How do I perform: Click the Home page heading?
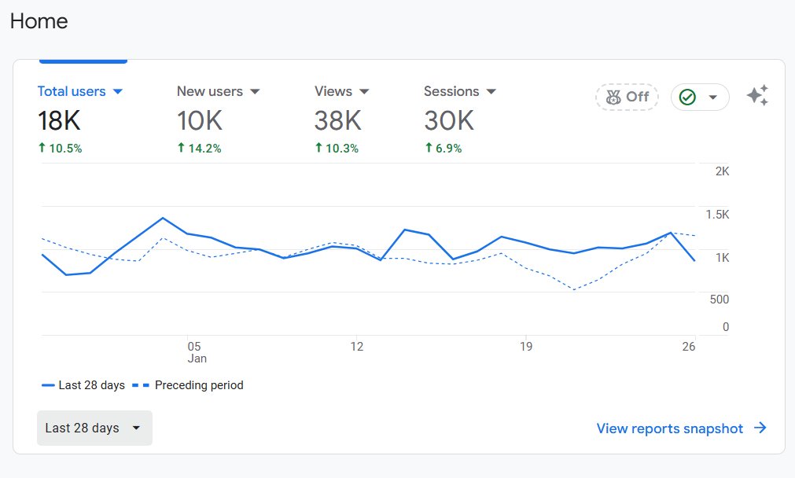pos(39,21)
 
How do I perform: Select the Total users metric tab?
pos(72,91)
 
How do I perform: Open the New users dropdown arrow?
pos(255,92)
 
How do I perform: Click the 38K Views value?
pos(337,120)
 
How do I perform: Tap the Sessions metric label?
pos(451,91)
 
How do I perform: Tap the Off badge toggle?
pos(627,97)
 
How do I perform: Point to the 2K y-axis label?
pos(722,171)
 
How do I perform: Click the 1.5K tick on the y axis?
pos(716,215)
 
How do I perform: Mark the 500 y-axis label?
pos(719,300)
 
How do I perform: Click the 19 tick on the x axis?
pos(525,346)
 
